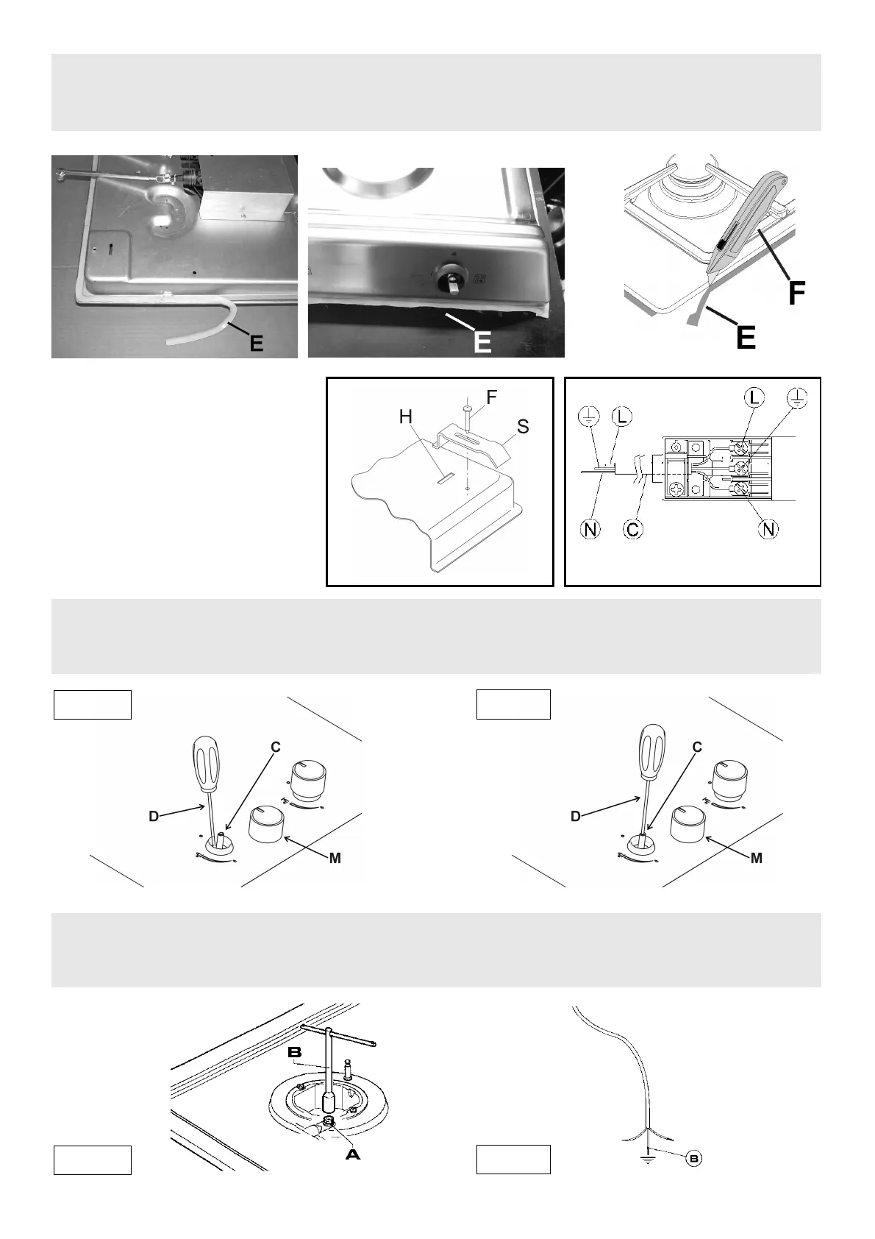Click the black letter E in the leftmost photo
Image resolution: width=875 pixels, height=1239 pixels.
click(255, 341)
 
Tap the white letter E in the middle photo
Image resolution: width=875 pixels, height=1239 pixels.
click(482, 341)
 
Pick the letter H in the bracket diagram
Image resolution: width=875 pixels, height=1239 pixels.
click(406, 416)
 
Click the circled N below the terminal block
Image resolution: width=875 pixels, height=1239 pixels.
click(769, 528)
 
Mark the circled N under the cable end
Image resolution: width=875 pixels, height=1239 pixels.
click(589, 528)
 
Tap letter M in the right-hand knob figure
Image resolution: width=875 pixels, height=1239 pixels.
click(757, 858)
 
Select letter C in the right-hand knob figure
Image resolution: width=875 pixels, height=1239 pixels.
click(697, 747)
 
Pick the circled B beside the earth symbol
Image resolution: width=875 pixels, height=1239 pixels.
click(693, 1158)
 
